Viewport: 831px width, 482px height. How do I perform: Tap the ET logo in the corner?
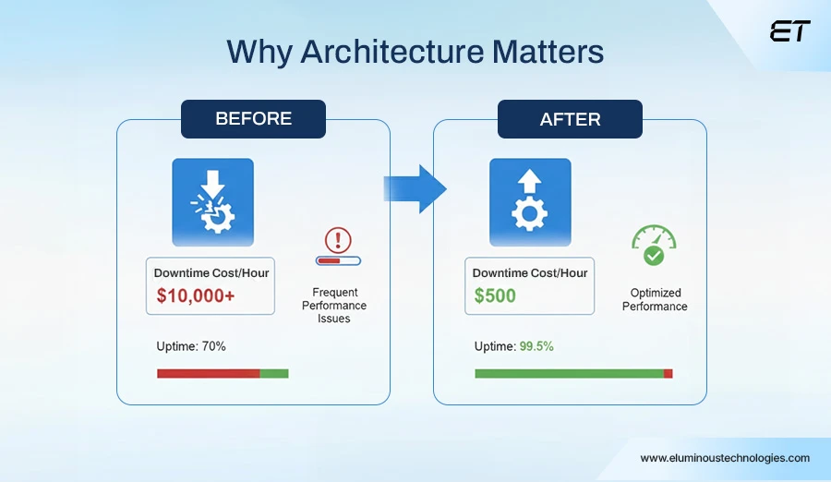tap(789, 31)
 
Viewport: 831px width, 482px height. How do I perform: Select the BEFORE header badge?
tap(253, 119)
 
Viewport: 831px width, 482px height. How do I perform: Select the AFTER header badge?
tap(570, 120)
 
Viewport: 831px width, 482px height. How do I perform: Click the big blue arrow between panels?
tap(415, 188)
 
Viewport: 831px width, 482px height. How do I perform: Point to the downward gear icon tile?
tap(212, 201)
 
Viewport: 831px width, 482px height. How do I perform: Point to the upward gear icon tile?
tap(529, 201)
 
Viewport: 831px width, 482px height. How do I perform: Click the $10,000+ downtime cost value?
tap(196, 296)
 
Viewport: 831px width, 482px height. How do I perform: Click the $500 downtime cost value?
tap(495, 296)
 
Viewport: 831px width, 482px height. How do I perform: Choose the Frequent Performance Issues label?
tap(333, 306)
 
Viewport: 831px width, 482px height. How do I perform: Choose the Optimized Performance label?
tap(655, 300)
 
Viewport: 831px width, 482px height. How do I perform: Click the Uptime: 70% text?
tap(191, 346)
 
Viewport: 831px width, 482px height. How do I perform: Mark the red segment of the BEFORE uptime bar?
tap(208, 374)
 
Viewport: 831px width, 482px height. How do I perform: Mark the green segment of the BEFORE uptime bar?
tap(274, 374)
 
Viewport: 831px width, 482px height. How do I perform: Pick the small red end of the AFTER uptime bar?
tap(668, 374)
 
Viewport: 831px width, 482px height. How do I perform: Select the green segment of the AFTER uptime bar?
tap(569, 374)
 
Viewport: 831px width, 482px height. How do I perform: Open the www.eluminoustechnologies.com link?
tap(725, 458)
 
